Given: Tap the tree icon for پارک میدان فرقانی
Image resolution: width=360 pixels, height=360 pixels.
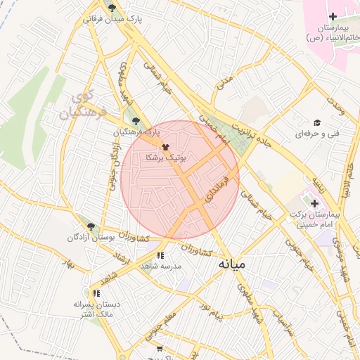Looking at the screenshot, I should (112, 8).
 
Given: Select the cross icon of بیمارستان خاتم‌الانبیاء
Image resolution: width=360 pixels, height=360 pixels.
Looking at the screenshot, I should (333, 16).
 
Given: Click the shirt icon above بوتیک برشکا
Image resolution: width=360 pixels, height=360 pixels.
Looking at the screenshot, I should (165, 148).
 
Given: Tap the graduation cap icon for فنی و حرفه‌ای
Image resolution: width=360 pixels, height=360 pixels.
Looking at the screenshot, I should (318, 122).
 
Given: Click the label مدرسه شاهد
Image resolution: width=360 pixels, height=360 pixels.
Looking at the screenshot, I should (161, 266).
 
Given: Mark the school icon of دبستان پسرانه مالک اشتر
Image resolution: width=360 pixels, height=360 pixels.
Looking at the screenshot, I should (96, 293).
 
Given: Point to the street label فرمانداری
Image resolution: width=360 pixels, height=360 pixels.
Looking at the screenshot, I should (217, 186).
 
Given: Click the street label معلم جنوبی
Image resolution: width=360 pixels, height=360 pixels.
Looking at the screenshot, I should (161, 330).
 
